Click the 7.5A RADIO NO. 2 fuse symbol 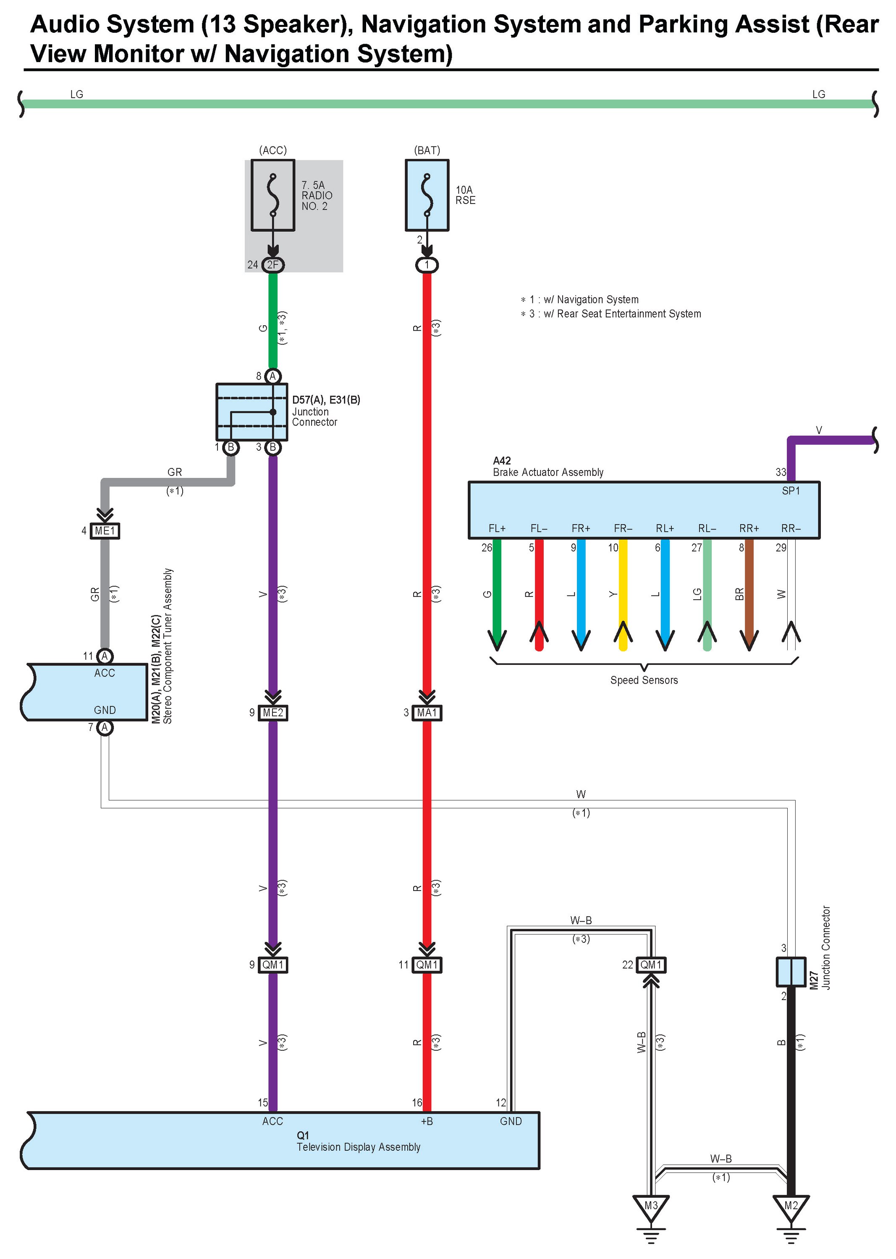pyautogui.click(x=272, y=195)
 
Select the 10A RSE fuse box pyautogui.click(x=427, y=195)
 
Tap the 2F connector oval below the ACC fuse pyautogui.click(x=272, y=265)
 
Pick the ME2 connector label pyautogui.click(x=272, y=713)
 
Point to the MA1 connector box pyautogui.click(x=427, y=713)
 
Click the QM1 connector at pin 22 pyautogui.click(x=651, y=964)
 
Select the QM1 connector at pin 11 pyautogui.click(x=427, y=964)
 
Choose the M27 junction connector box pyautogui.click(x=791, y=972)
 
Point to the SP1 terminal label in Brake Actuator pyautogui.click(x=791, y=490)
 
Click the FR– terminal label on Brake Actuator pyautogui.click(x=623, y=528)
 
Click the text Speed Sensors pyautogui.click(x=644, y=680)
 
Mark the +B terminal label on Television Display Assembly pyautogui.click(x=427, y=1121)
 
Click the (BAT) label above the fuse pyautogui.click(x=427, y=150)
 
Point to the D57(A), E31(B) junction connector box pyautogui.click(x=252, y=412)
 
